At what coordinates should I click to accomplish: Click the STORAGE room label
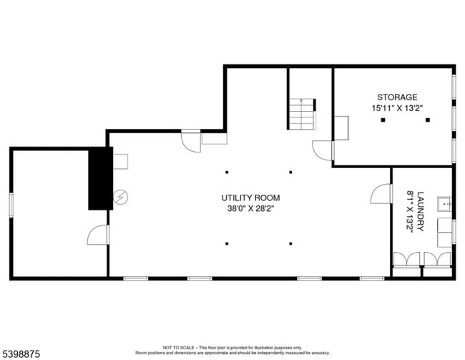coord(397,97)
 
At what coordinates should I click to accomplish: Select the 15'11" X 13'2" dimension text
coord(397,108)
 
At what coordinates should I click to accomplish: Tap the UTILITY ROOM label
coord(250,198)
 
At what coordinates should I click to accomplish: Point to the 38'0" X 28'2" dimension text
coord(250,209)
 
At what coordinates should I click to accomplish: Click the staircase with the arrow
coord(302,113)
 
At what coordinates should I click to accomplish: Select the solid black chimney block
coord(98,179)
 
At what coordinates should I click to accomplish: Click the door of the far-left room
coord(97,234)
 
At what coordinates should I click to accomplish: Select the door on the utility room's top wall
coord(192,140)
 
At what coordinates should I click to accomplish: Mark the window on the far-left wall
coord(11,203)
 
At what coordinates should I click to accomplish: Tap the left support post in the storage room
coord(383,120)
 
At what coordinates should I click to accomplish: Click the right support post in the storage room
coord(427,120)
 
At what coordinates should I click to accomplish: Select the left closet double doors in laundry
coord(406,261)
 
